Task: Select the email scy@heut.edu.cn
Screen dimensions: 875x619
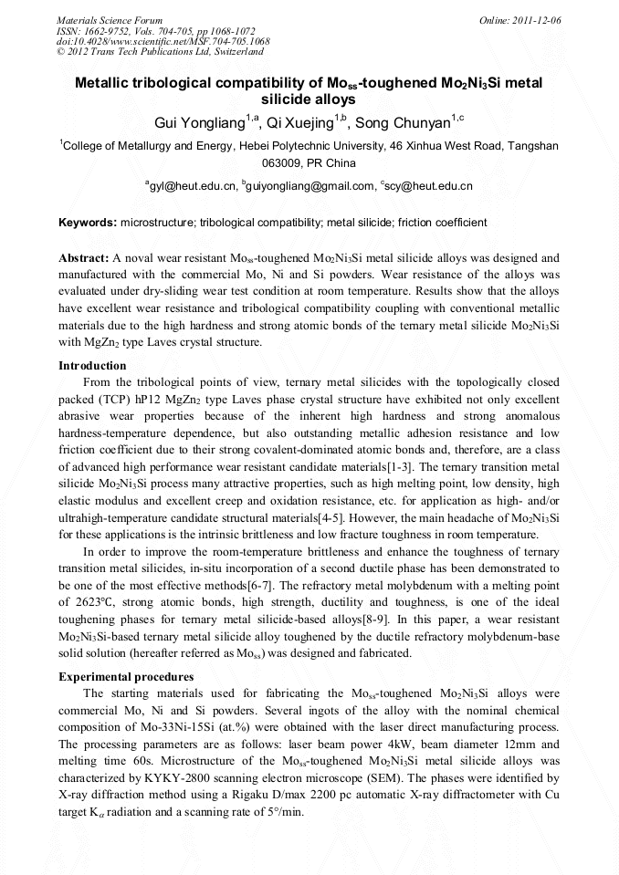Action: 429,186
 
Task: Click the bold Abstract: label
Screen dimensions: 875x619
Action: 84,258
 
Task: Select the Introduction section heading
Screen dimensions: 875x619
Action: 92,366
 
